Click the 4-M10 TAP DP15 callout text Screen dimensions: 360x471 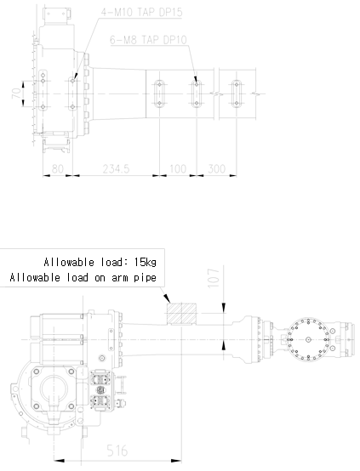141,12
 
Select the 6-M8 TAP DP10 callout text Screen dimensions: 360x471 148,40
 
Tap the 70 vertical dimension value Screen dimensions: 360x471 17,94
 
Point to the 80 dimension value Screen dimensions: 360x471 58,169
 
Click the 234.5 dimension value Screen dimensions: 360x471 116,169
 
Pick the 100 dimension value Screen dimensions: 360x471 178,169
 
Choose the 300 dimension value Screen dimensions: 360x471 216,169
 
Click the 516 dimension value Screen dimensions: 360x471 117,451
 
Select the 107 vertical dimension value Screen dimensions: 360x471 214,278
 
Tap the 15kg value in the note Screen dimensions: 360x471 145,262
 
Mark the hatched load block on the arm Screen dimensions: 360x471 181,314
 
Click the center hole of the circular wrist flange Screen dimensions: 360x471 308,340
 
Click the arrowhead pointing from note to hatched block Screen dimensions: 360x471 167,298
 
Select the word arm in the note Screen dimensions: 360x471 120,278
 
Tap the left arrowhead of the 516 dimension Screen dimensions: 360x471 60,461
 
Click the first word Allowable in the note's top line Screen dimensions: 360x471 69,262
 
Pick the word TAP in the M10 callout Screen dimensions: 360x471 147,12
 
